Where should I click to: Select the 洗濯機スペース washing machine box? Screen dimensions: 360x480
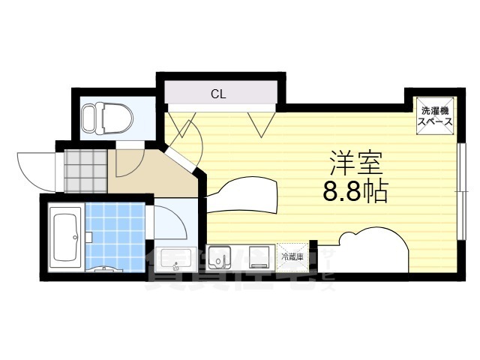pyautogui.click(x=435, y=115)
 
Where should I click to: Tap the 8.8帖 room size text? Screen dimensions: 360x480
pyautogui.click(x=355, y=193)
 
